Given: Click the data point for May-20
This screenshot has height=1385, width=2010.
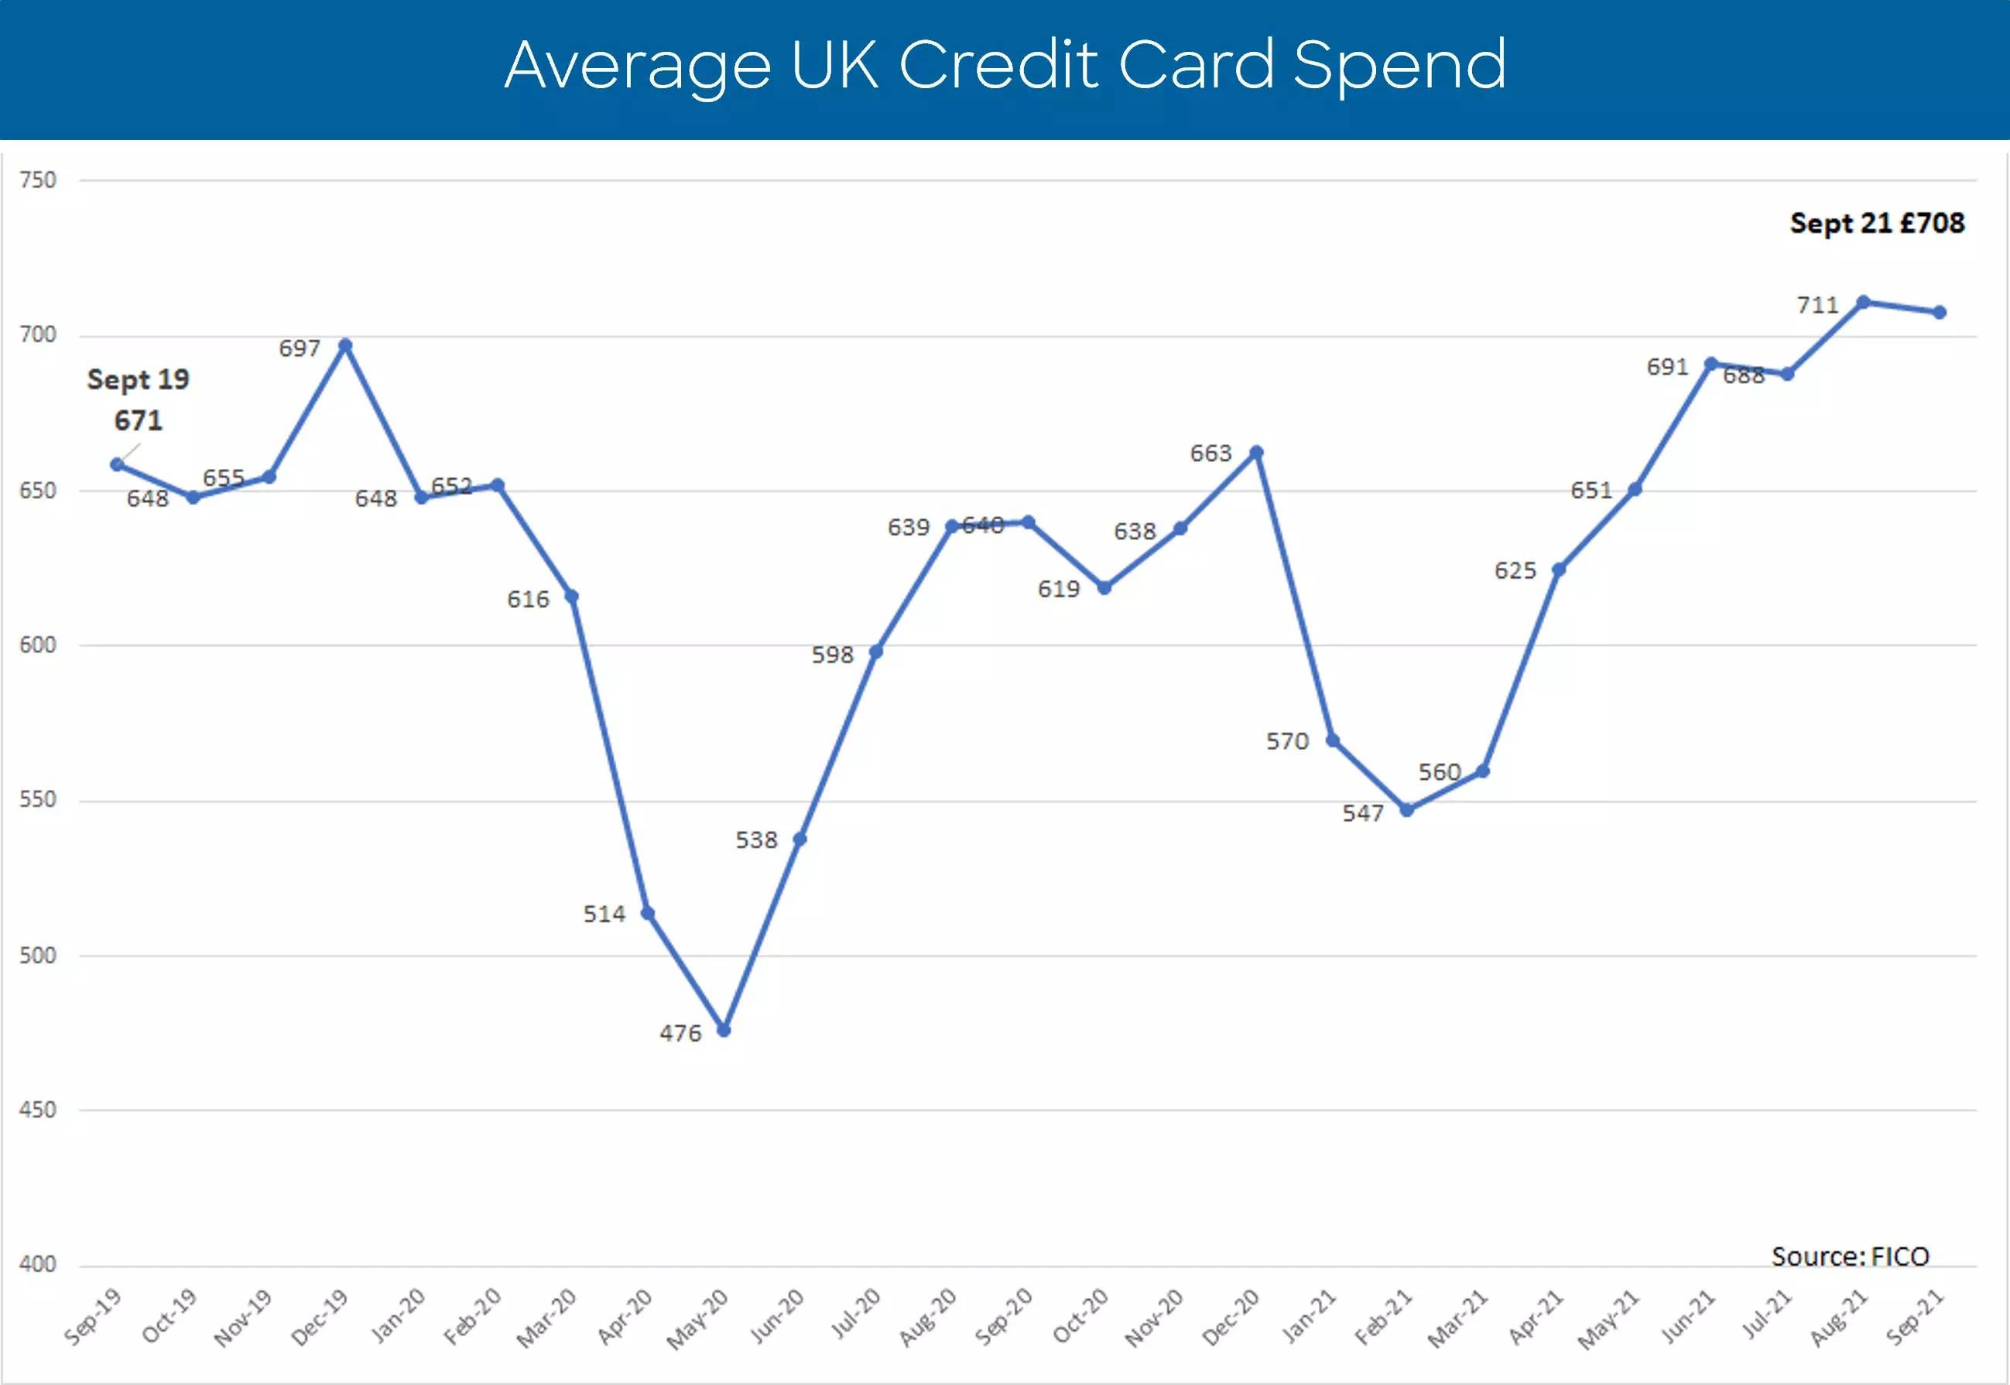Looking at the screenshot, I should (x=724, y=1030).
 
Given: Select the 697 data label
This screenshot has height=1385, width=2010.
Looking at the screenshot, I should (x=300, y=349).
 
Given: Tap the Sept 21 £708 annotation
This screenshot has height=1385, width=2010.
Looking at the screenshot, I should (x=1876, y=224).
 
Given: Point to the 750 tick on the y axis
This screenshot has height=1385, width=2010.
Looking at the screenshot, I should (x=37, y=180).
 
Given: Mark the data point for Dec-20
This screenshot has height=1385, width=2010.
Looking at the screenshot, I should (x=1256, y=453).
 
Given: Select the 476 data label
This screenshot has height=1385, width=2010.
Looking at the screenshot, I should (x=680, y=1034).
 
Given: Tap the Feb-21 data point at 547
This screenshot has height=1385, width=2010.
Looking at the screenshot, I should (x=1407, y=809).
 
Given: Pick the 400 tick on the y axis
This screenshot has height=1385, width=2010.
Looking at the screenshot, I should (x=37, y=1264).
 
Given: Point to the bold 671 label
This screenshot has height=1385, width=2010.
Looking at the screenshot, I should (x=138, y=421).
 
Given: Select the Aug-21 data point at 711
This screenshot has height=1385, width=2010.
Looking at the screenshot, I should (x=1862, y=302).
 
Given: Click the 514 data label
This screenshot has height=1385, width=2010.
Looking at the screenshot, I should (x=603, y=914).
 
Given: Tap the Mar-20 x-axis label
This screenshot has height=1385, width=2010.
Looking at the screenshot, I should (x=546, y=1318).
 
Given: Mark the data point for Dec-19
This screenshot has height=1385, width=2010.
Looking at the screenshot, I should (x=344, y=345).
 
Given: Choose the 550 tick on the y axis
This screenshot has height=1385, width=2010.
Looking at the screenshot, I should (x=37, y=799).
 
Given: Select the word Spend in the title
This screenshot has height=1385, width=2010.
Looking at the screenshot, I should (x=1399, y=65).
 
